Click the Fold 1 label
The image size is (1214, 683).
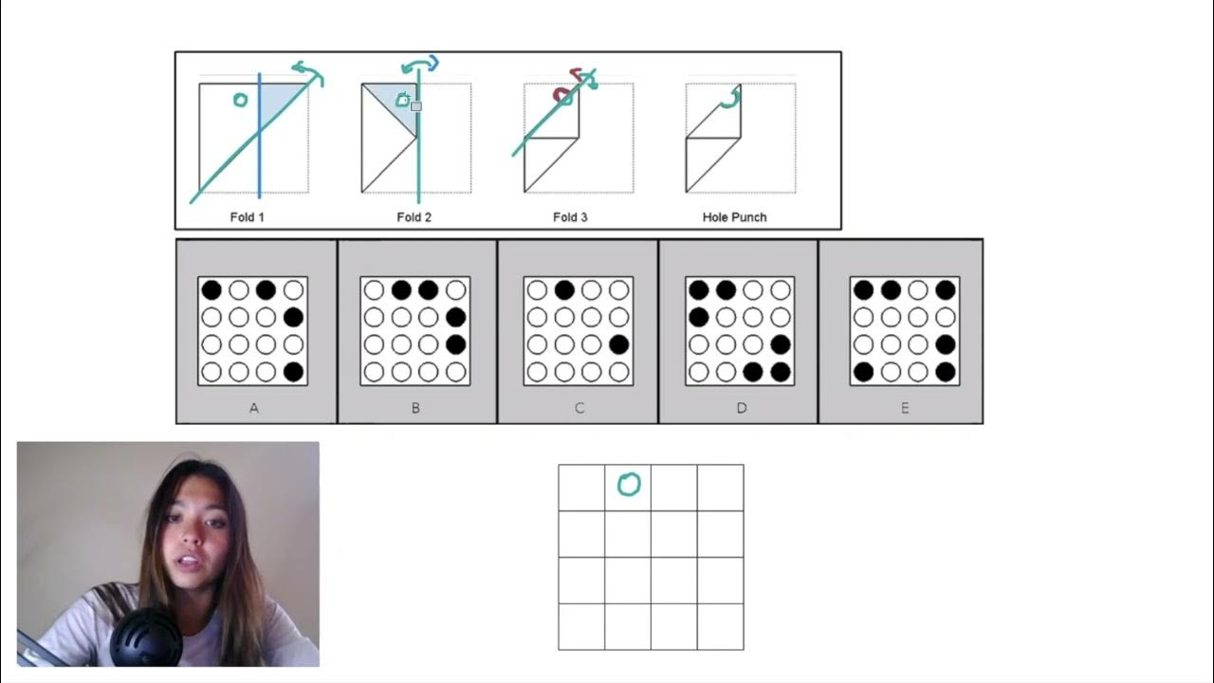[x=247, y=217]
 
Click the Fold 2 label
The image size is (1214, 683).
[x=414, y=217]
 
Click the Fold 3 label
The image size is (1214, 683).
[x=570, y=217]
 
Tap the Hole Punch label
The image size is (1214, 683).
[x=734, y=217]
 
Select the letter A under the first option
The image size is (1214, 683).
[x=253, y=408]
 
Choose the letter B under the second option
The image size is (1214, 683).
[x=415, y=408]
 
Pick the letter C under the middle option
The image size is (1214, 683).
[x=579, y=408]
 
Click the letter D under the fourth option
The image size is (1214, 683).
[x=741, y=408]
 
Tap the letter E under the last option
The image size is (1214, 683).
[x=904, y=408]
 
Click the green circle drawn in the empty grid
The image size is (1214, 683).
[x=629, y=485]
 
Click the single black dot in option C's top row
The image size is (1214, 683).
[x=564, y=290]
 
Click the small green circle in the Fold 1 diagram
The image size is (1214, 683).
[x=240, y=100]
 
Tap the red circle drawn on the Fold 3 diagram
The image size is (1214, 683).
[x=562, y=96]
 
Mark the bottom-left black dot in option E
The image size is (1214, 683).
[x=862, y=372]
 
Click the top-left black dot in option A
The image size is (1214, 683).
[x=211, y=290]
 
